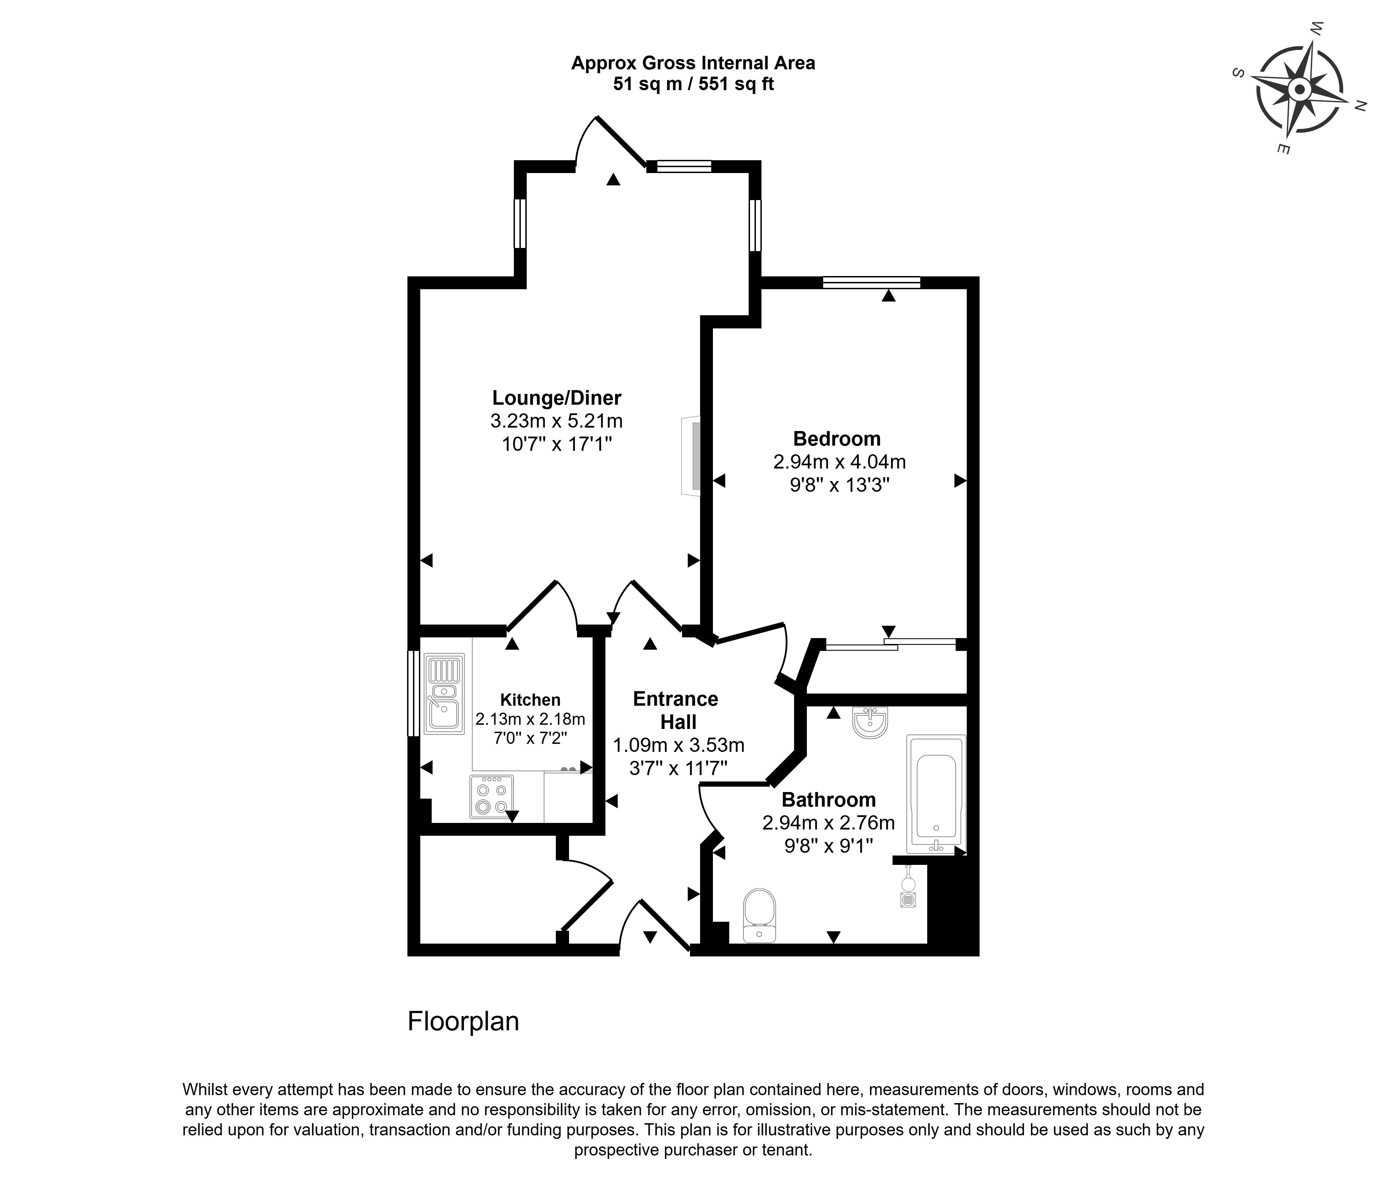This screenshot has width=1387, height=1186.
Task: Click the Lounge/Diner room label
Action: click(556, 398)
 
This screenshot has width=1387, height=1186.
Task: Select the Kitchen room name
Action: click(530, 700)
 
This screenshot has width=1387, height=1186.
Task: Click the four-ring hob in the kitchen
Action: click(491, 797)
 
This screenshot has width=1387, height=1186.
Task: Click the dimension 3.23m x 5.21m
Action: click(556, 421)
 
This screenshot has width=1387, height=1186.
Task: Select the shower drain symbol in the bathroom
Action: click(908, 900)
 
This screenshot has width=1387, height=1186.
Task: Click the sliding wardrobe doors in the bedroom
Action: click(890, 645)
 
